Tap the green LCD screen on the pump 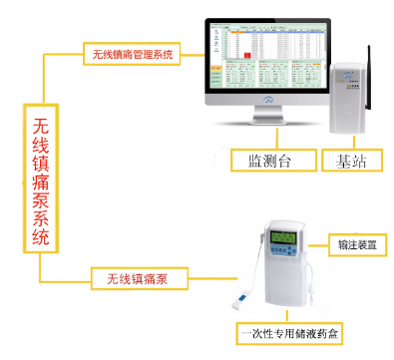[275, 240]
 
